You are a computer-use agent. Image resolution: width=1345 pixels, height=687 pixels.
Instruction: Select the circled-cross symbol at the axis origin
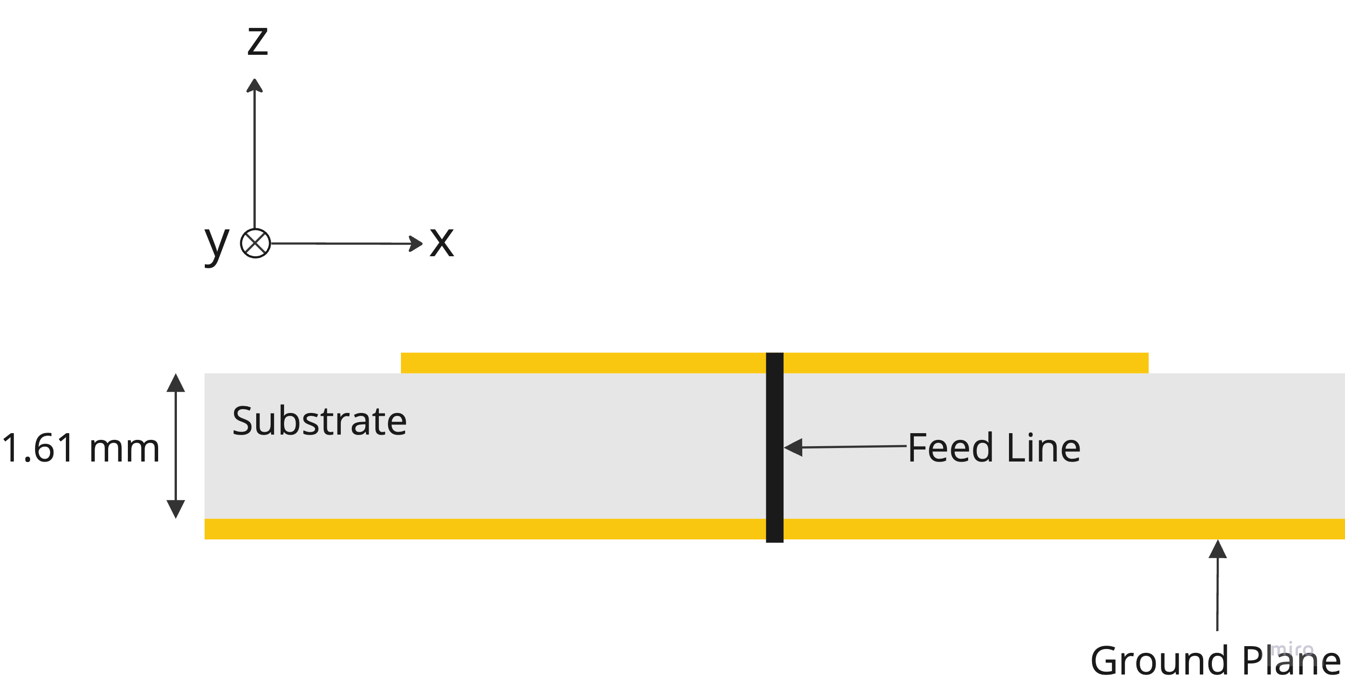(255, 243)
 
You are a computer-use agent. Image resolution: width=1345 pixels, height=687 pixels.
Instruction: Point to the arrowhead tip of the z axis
(254, 80)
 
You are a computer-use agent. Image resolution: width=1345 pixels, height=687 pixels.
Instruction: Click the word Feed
(950, 448)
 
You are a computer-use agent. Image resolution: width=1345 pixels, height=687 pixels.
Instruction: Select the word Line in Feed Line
(1043, 448)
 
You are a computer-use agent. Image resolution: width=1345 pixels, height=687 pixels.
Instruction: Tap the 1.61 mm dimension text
(80, 448)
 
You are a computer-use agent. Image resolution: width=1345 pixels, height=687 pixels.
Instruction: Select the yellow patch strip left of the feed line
(582, 363)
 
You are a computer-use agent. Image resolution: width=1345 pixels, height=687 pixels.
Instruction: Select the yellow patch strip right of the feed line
(965, 363)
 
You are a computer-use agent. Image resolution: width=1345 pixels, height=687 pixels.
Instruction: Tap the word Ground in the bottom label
(1159, 661)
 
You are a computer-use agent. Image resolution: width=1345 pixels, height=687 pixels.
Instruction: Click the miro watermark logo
(1292, 649)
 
